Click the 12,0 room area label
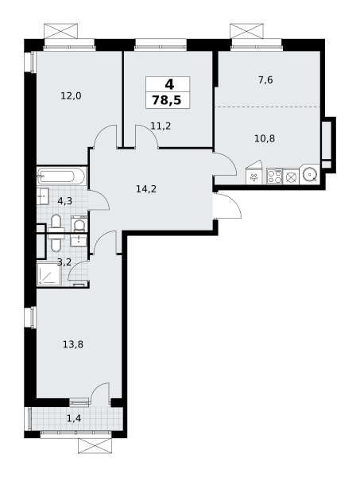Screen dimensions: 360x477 point(72,96)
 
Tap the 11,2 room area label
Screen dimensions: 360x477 point(161,126)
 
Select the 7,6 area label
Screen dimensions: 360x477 point(265,80)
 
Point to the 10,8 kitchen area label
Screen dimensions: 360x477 point(265,138)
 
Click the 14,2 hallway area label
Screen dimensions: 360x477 point(146,189)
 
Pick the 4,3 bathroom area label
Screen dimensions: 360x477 point(64,201)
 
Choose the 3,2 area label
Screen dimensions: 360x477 point(64,262)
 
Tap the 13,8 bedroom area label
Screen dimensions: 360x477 point(73,345)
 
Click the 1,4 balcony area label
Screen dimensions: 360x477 point(74,419)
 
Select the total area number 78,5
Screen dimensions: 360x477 point(167,100)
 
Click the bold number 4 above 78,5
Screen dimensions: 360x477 point(169,84)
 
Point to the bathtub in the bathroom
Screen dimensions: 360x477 point(62,176)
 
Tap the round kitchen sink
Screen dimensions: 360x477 point(310,175)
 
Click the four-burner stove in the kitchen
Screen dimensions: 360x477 point(275,176)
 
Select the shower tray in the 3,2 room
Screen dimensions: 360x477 point(48,274)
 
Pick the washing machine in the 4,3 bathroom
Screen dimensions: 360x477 point(79,224)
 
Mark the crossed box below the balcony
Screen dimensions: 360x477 point(95,446)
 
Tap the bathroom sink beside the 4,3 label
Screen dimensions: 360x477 point(43,196)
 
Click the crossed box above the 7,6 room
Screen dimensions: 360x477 point(246,31)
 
